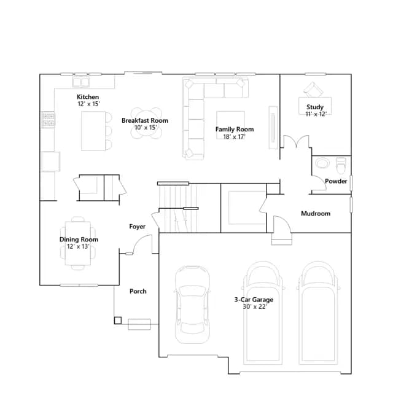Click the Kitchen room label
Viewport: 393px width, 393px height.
click(88, 97)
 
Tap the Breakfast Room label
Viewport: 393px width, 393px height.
click(145, 120)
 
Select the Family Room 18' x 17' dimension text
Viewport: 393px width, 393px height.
click(235, 137)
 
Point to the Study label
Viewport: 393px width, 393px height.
click(315, 107)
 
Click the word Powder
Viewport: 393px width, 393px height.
click(336, 181)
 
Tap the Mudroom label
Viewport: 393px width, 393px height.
click(316, 214)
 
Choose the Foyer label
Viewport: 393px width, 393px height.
click(137, 227)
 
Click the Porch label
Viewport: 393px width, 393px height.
click(138, 291)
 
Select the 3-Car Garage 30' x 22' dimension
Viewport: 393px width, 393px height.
click(255, 307)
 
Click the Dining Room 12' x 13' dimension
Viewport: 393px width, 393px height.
click(78, 246)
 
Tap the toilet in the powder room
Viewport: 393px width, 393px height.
click(341, 165)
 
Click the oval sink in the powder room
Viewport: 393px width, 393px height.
click(321, 163)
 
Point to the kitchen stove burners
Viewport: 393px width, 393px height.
click(48, 120)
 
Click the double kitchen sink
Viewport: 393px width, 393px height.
click(81, 82)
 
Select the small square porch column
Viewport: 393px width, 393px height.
click(118, 321)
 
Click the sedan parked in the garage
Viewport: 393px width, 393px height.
click(192, 305)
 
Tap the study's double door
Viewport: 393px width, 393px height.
click(296, 142)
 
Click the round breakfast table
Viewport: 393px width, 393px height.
click(146, 123)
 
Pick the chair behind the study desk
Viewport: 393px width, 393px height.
click(313, 90)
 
